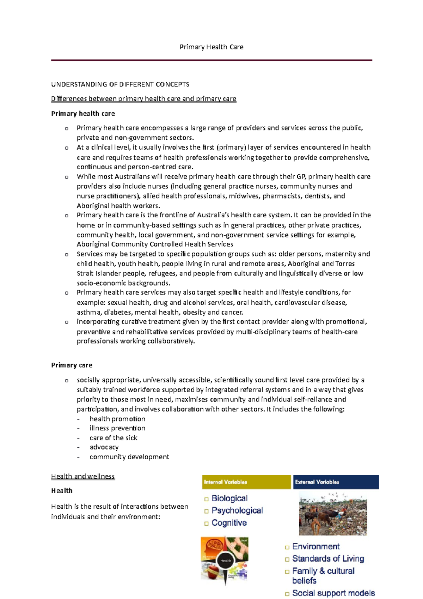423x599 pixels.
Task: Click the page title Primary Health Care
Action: pyautogui.click(x=211, y=47)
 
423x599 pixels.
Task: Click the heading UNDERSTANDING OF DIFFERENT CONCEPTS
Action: pyautogui.click(x=120, y=84)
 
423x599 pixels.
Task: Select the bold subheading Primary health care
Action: pyautogui.click(x=83, y=114)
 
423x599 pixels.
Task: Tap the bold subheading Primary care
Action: pyautogui.click(x=72, y=365)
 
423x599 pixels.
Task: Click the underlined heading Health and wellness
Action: pyautogui.click(x=83, y=476)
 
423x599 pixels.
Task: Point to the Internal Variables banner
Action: pyautogui.click(x=246, y=482)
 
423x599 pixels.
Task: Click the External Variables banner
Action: pyautogui.click(x=336, y=482)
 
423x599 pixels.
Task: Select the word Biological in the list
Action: pyautogui.click(x=229, y=498)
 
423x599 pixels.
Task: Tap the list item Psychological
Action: pyautogui.click(x=237, y=510)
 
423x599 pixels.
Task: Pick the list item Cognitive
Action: pyautogui.click(x=229, y=523)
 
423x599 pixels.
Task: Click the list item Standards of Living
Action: pyautogui.click(x=328, y=559)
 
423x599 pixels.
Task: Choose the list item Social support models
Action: pyautogui.click(x=333, y=593)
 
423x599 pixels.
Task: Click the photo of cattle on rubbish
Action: pyautogui.click(x=333, y=514)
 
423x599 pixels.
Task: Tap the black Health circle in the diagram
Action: pyautogui.click(x=226, y=560)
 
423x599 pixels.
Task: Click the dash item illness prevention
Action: pyautogui.click(x=117, y=428)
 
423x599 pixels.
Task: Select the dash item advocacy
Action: pyautogui.click(x=104, y=447)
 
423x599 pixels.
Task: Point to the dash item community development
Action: pyautogui.click(x=129, y=457)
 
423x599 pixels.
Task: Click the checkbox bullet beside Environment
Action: pyautogui.click(x=287, y=547)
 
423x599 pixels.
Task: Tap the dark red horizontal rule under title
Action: pyautogui.click(x=211, y=60)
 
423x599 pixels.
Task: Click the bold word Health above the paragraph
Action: pyautogui.click(x=62, y=491)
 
